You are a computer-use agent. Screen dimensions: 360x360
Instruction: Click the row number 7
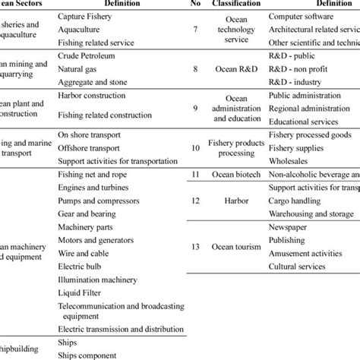[197, 30]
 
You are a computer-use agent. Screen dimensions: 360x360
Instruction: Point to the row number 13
[197, 247]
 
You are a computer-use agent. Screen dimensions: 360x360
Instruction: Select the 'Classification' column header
[232, 4]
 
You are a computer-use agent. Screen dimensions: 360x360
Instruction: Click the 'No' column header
[197, 4]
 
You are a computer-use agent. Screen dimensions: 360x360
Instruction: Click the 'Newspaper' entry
[289, 228]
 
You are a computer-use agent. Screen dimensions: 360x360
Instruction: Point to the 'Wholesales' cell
[291, 161]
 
